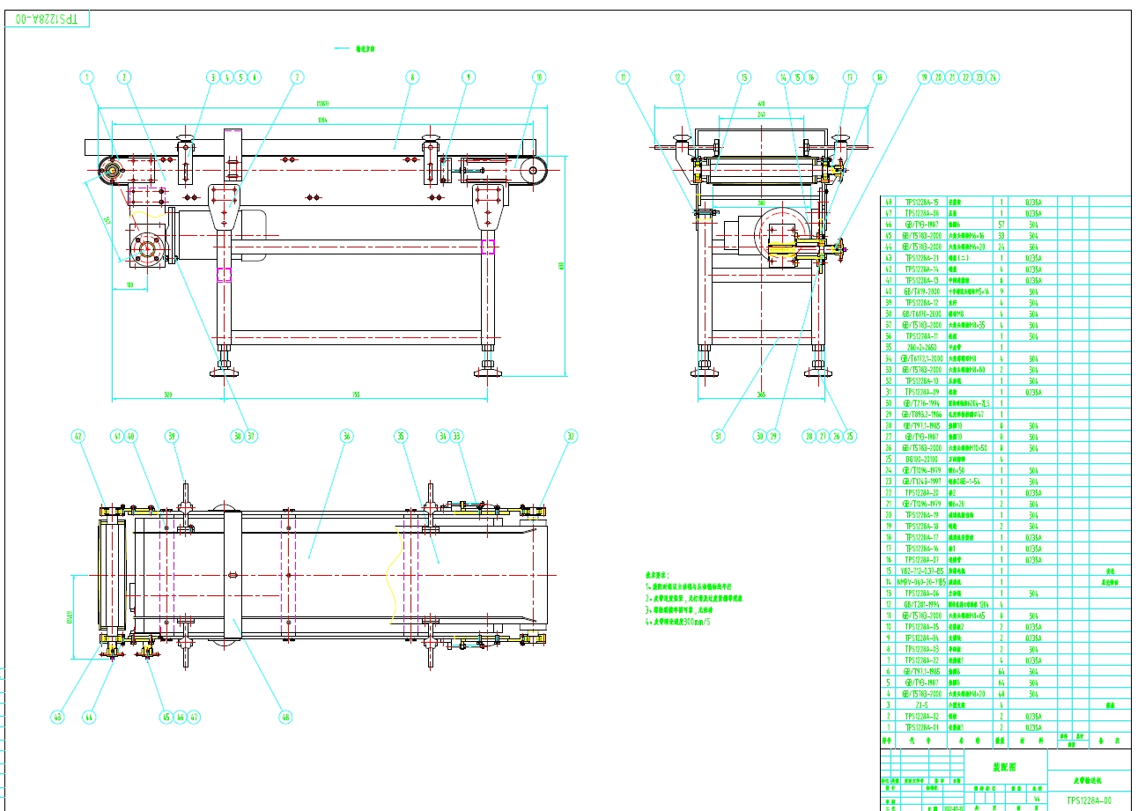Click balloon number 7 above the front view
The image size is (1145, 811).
297,77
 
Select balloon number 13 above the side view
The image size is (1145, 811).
743,77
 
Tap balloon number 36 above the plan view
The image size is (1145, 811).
346,436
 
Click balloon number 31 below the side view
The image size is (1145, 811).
719,435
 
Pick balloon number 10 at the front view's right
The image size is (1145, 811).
539,77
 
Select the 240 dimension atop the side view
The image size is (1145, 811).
761,114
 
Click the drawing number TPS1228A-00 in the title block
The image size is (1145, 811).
1090,800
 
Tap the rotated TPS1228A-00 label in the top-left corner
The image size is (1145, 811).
48,18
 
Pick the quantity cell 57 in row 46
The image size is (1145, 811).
1001,225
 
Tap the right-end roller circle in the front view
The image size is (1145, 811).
534,173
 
